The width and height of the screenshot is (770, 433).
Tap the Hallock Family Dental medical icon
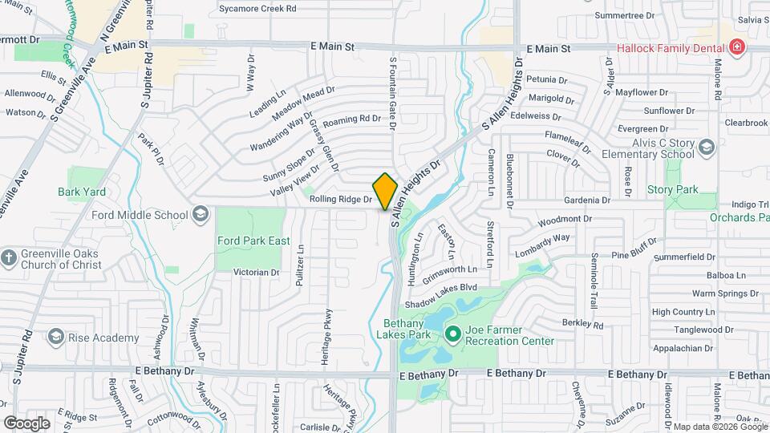point(736,48)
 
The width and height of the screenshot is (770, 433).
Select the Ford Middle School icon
point(200,214)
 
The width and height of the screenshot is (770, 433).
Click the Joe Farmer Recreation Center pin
point(452,333)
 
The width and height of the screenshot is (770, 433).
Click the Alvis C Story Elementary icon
point(706,148)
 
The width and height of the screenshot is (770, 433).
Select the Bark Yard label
point(82,192)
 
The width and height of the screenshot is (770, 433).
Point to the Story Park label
point(673,190)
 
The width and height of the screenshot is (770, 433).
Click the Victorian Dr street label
point(256,273)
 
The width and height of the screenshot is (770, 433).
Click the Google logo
point(26,423)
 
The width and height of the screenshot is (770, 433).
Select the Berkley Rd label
point(582,325)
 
